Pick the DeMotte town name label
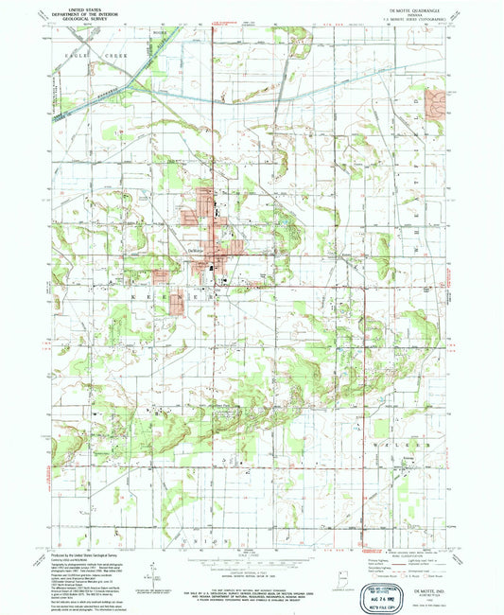pos(196,249)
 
